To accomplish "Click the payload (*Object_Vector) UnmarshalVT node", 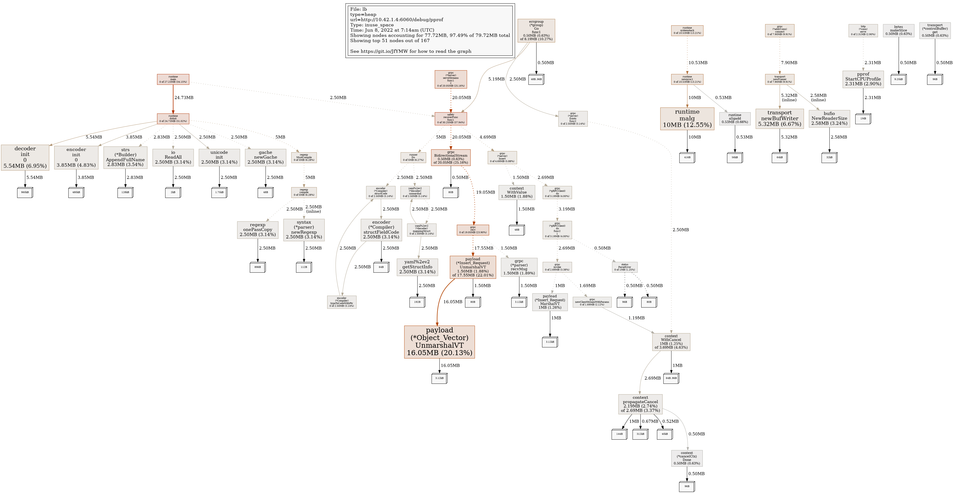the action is pyautogui.click(x=439, y=342).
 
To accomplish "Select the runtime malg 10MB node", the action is pyautogui.click(x=687, y=118).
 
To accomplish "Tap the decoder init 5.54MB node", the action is pyautogui.click(x=25, y=157).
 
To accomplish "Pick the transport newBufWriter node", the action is pyautogui.click(x=779, y=118).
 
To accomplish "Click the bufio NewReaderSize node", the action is pyautogui.click(x=829, y=118).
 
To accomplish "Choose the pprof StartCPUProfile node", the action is pyautogui.click(x=863, y=79).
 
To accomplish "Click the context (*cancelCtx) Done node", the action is pyautogui.click(x=687, y=458).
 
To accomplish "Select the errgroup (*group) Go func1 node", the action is pyautogui.click(x=536, y=30).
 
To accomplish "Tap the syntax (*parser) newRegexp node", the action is pyautogui.click(x=304, y=230).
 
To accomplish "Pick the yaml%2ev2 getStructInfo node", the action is pyautogui.click(x=417, y=267).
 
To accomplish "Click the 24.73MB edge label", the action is pyautogui.click(x=184, y=98).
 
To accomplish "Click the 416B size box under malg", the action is pyautogui.click(x=687, y=157).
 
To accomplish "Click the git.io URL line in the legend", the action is pyautogui.click(x=410, y=51).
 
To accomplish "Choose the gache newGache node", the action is pyautogui.click(x=265, y=157).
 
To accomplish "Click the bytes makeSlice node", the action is pyautogui.click(x=898, y=30).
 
